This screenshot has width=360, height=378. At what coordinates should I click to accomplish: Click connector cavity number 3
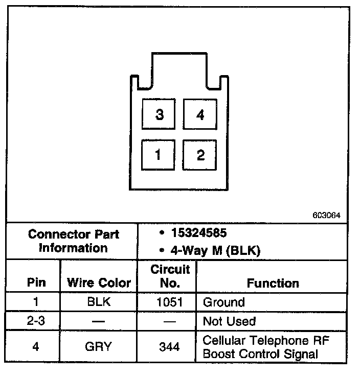tap(160, 114)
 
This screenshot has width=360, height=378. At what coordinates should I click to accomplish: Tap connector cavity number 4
tap(200, 114)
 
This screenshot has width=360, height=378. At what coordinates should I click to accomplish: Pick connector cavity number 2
tap(200, 155)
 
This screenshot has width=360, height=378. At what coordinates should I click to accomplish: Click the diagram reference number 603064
tap(326, 215)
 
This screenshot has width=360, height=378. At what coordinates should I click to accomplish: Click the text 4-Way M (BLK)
tap(213, 251)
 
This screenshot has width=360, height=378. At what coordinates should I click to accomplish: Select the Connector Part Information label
tap(74, 241)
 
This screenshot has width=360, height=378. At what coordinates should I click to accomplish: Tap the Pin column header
tap(36, 282)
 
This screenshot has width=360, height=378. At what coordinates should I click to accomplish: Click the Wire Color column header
tap(99, 282)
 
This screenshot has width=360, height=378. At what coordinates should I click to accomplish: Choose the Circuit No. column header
tap(170, 276)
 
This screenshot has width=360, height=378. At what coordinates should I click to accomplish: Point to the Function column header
tap(273, 282)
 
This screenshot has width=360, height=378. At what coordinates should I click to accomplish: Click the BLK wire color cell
tap(99, 302)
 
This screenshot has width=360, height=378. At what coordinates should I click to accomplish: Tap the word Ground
tap(224, 302)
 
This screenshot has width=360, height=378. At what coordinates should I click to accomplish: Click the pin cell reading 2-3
tap(36, 321)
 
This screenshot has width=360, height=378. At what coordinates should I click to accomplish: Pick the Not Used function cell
tap(229, 321)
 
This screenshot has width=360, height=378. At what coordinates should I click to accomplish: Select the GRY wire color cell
tap(99, 347)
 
